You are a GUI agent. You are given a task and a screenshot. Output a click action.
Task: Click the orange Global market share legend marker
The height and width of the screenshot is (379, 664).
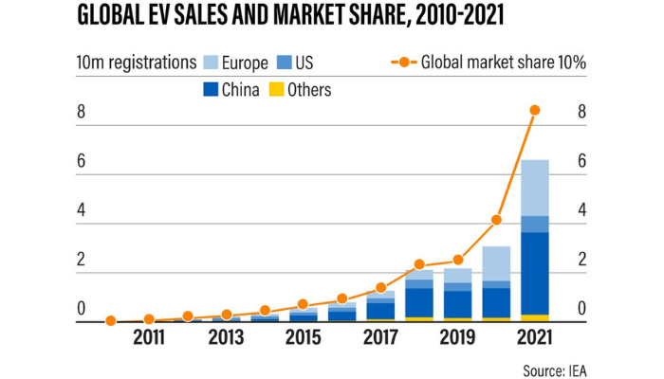[x=403, y=63]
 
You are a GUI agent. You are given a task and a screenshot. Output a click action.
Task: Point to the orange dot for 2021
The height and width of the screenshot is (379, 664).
[x=535, y=110]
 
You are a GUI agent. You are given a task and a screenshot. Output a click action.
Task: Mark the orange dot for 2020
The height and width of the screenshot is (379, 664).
[x=496, y=220]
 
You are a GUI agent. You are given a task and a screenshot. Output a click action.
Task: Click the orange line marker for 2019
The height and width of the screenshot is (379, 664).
[x=458, y=260]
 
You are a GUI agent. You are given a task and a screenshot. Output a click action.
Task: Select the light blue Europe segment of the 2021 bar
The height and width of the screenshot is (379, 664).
[x=535, y=188]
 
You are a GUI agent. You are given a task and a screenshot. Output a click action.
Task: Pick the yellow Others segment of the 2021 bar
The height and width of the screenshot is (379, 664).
[x=535, y=317]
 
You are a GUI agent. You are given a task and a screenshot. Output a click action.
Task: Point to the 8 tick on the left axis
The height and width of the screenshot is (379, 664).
[x=82, y=112]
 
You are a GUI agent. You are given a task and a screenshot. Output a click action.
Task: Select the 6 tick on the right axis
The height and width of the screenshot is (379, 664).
[x=582, y=161]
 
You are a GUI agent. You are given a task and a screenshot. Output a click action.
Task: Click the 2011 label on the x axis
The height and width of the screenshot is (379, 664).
[x=149, y=337]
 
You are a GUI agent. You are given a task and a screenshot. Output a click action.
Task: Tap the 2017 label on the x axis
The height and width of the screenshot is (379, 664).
[x=380, y=337]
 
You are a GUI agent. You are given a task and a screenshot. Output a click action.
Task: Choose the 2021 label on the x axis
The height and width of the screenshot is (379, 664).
[x=535, y=337]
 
